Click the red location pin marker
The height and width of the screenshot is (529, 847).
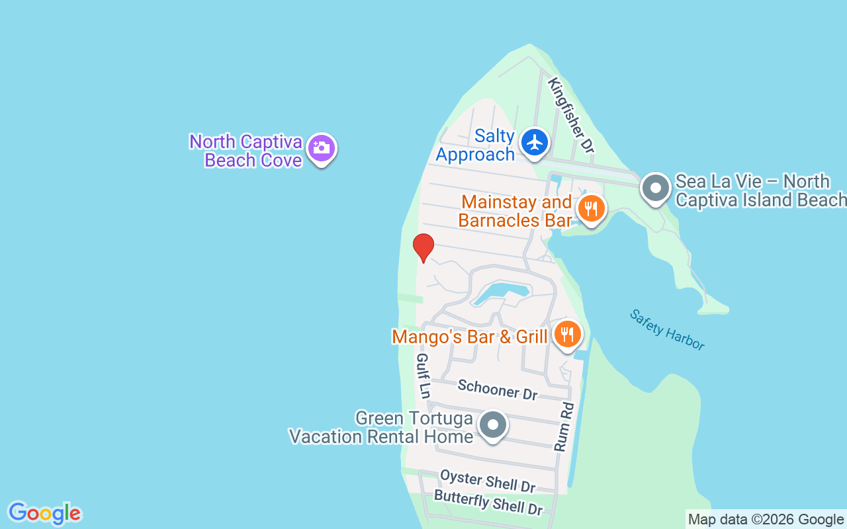[423, 247]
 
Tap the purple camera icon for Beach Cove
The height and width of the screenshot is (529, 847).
[322, 148]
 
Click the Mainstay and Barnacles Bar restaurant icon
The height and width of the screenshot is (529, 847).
[591, 209]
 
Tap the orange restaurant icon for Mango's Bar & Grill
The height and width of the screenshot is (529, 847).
[567, 335]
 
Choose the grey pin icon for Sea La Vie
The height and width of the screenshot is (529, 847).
[656, 188]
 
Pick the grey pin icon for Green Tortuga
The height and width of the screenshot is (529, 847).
[493, 425]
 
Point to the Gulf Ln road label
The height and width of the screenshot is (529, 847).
[422, 376]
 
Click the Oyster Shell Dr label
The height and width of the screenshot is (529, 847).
[488, 481]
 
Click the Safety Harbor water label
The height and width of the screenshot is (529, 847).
[667, 329]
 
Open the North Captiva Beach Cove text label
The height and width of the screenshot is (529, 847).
[246, 151]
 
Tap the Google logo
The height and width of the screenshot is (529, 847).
[44, 513]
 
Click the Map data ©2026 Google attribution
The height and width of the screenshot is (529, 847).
[766, 519]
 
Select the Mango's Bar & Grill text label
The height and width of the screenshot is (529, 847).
[470, 337]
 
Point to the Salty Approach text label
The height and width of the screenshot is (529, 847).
[476, 145]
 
